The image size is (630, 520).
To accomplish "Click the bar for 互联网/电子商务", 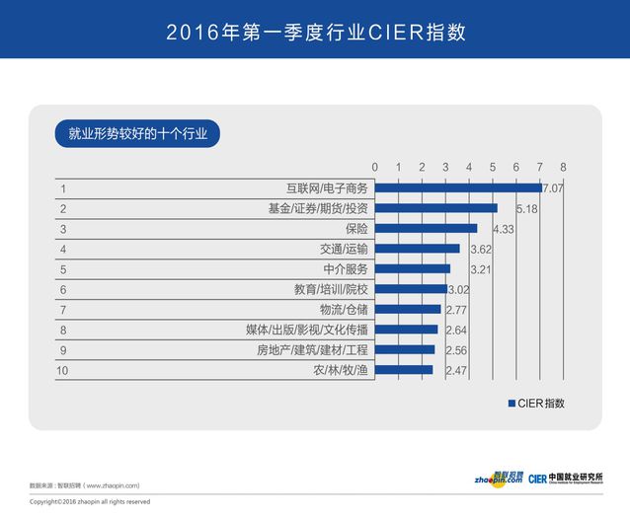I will [x=458, y=187].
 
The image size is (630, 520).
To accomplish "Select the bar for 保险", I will [x=426, y=228].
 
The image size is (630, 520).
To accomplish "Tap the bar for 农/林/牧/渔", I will [x=404, y=370].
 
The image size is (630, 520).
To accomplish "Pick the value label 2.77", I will [x=456, y=310].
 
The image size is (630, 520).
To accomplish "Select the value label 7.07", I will [x=552, y=187].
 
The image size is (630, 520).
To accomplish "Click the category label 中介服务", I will [x=345, y=268].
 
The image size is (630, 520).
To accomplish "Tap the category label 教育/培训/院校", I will [x=331, y=289].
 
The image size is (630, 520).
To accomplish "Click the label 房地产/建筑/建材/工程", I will [x=312, y=350].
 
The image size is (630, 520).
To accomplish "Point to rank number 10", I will [x=65, y=370].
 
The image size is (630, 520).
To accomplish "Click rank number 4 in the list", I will [x=63, y=249].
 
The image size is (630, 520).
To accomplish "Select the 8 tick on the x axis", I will [x=563, y=166].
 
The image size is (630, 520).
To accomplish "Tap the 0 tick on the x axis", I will [x=374, y=166].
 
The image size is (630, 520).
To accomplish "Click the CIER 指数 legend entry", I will [x=536, y=403].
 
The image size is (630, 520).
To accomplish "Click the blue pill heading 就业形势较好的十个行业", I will [x=137, y=133].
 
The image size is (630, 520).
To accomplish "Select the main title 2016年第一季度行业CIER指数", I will [x=315, y=32].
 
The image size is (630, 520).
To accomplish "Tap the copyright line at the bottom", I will [x=90, y=501].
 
